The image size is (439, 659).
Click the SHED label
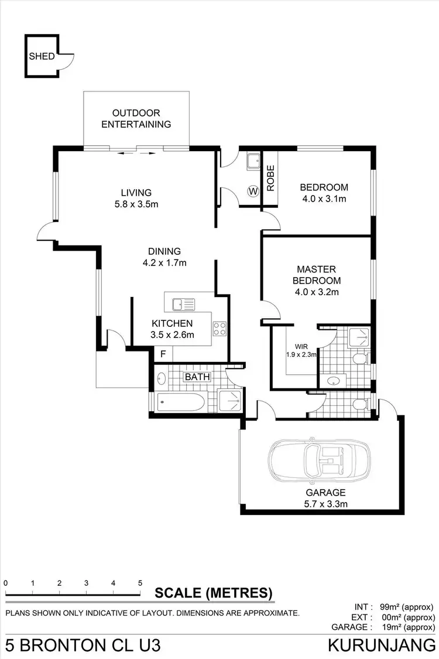click(42, 57)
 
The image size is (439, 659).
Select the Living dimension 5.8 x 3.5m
click(136, 204)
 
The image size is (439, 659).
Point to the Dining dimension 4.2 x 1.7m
click(164, 263)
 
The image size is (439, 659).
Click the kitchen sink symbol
click(183, 305)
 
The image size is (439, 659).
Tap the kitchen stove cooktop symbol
click(220, 329)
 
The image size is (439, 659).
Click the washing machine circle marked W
click(253, 191)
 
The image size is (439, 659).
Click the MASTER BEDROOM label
click(317, 274)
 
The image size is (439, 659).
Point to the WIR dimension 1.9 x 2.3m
click(301, 354)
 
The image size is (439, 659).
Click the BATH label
click(197, 377)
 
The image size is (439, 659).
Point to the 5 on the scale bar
click(140, 583)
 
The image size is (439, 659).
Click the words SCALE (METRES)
click(214, 593)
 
